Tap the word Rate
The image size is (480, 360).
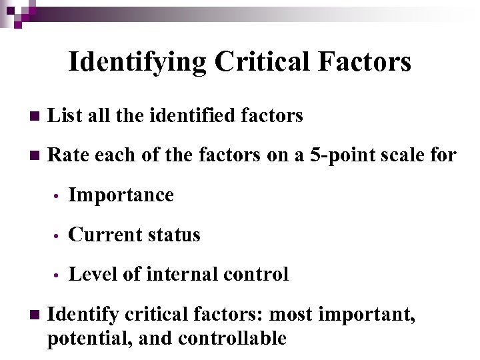pos(69,156)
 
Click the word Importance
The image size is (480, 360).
pos(121,195)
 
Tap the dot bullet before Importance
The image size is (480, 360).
pos(59,197)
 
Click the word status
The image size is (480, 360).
pos(173,235)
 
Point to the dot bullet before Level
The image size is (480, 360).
pos(59,275)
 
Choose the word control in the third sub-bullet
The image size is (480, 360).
pos(257,274)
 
